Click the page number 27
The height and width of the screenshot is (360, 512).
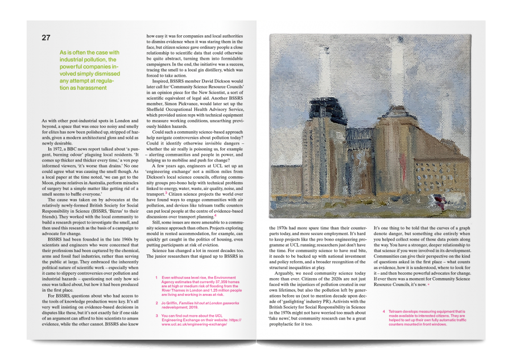pyautogui.click(x=46, y=38)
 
